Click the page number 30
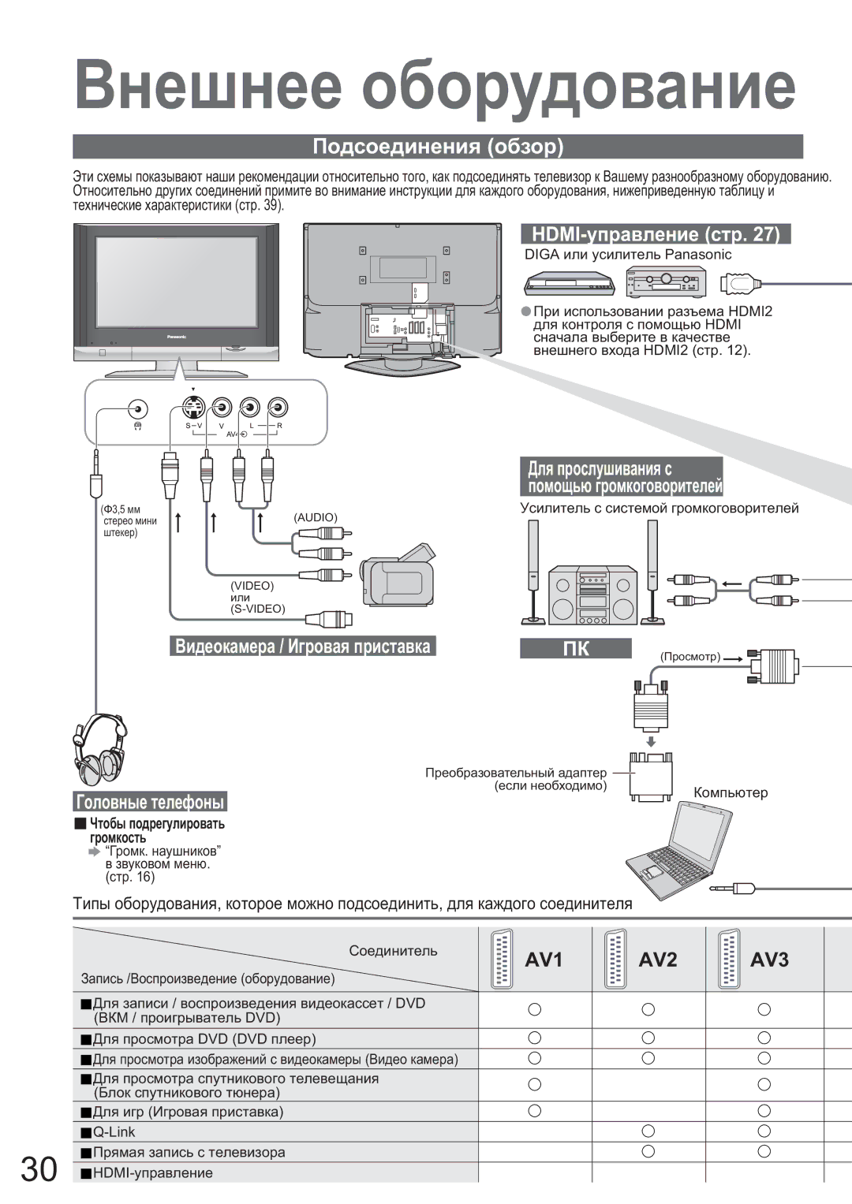click(39, 1169)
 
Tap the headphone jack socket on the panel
click(138, 409)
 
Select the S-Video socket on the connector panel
click(192, 408)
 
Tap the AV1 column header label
click(544, 960)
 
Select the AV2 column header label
click(657, 960)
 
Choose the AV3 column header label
click(769, 960)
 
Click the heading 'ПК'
click(575, 648)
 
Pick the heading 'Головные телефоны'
click(150, 802)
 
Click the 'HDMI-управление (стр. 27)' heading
click(656, 234)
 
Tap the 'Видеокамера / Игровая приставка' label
click(303, 647)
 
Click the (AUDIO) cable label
click(316, 516)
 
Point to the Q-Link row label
click(114, 1131)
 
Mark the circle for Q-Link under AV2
click(648, 1131)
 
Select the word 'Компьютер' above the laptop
click(731, 792)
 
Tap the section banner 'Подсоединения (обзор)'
click(438, 147)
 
